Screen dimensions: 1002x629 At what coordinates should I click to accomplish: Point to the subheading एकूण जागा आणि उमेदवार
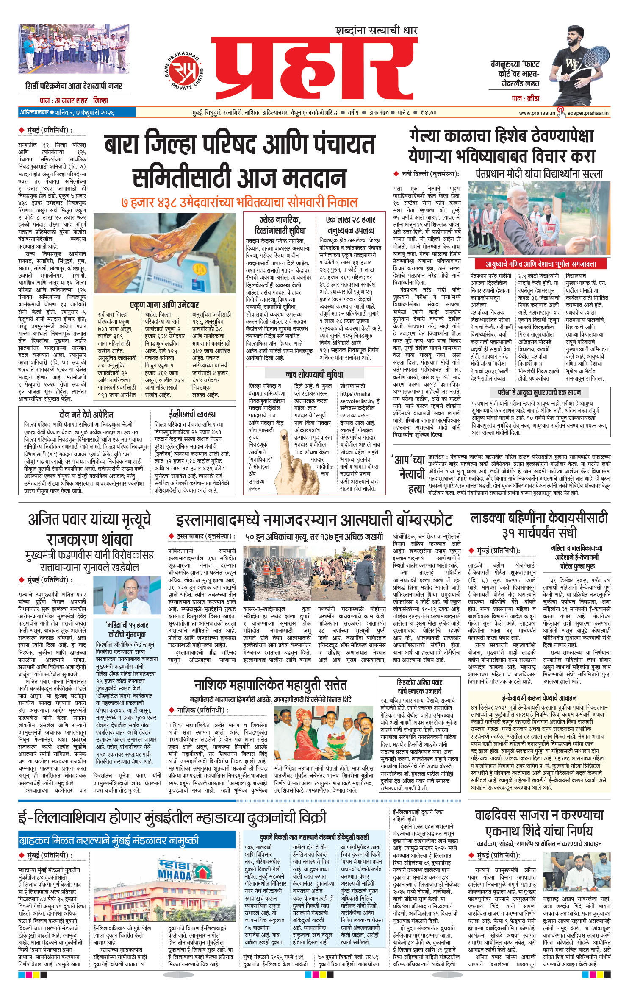tap(164, 305)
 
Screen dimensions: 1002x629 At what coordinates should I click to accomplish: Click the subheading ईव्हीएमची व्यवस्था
tap(192, 414)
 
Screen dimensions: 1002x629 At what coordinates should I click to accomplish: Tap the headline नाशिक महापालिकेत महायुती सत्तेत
tap(270, 685)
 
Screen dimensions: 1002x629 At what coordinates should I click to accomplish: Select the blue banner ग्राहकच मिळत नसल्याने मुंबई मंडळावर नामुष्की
tap(108, 840)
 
